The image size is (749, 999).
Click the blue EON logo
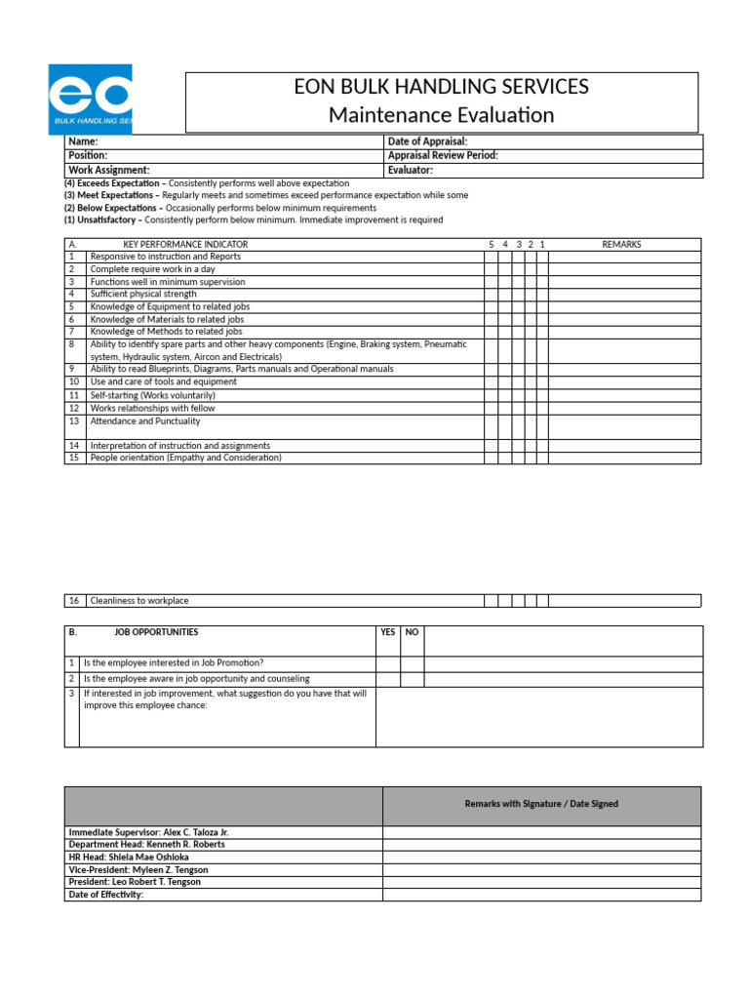90,99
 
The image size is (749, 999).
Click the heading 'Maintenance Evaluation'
441,115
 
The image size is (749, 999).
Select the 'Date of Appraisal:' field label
427,142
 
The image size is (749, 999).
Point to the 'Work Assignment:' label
108,170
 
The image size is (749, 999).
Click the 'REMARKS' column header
621,244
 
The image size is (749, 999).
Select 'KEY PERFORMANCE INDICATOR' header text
185,244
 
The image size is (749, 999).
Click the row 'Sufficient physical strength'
143,294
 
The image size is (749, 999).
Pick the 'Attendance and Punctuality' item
145,421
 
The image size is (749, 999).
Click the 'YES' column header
387,632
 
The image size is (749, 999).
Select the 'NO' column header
412,632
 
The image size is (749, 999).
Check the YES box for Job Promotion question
387,663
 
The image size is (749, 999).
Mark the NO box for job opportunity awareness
412,679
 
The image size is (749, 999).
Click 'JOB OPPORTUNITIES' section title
156,632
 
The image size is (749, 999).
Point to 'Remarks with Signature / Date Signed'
541,804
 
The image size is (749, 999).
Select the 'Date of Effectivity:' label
105,895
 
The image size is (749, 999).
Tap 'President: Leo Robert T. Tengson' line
134,882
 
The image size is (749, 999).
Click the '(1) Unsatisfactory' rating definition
101,220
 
